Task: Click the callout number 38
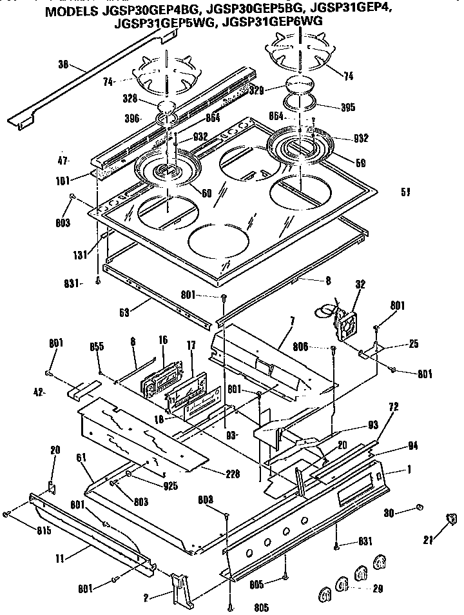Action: tap(63, 65)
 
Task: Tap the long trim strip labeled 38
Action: tap(90, 81)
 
